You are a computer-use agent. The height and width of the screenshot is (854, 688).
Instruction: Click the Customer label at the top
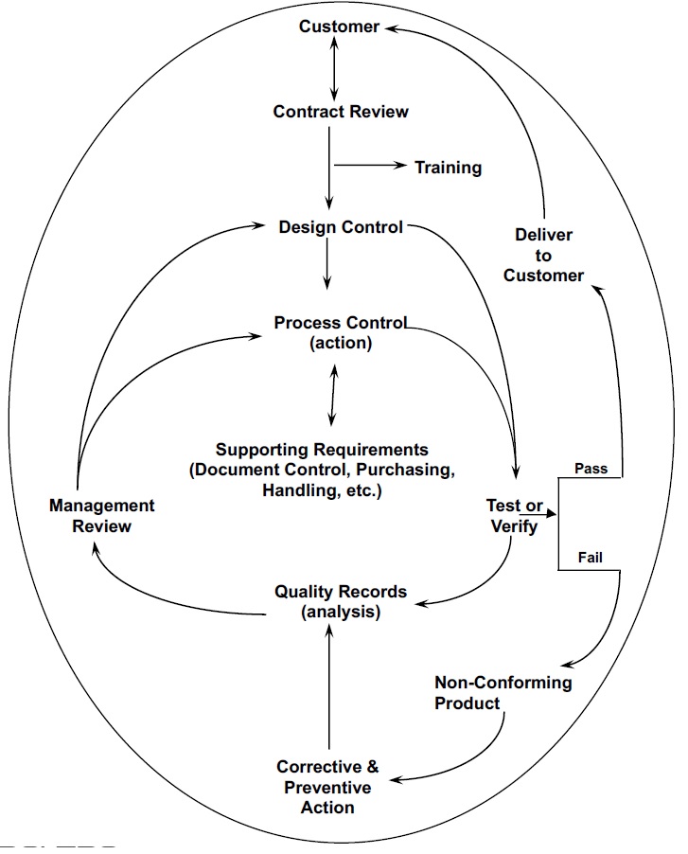point(339,27)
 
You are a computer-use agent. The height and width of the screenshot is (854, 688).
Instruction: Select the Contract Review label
point(341,112)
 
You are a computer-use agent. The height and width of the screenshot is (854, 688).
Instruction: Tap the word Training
point(448,168)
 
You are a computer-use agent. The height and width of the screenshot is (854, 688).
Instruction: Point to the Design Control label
point(341,227)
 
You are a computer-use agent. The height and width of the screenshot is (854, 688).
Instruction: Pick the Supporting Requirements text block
point(322,471)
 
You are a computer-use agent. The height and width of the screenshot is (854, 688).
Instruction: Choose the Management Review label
point(101,515)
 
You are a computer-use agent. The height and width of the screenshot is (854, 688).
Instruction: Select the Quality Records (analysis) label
point(341,601)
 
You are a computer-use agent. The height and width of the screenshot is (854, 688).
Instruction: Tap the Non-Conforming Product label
point(503,692)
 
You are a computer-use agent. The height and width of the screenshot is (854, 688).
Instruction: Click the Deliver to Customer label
point(543,255)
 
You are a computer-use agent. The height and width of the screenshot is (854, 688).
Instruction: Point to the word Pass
point(591,469)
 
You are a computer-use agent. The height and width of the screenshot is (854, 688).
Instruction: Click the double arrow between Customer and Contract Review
point(330,68)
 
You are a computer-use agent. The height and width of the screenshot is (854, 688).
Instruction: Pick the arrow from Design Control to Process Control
point(327,263)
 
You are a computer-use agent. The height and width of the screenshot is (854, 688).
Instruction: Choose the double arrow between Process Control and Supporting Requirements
point(331,396)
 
